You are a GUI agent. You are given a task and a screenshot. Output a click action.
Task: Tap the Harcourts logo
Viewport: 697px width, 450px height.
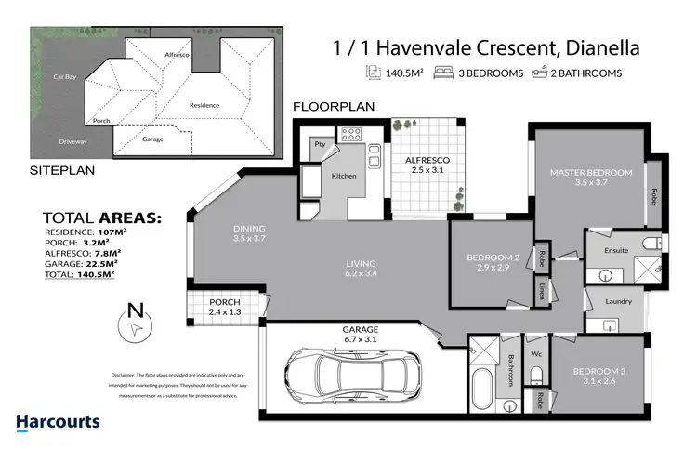coord(58,424)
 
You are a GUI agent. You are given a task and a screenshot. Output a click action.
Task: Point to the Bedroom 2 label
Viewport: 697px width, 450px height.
coord(493,262)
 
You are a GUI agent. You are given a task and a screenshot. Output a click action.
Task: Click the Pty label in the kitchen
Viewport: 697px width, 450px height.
coord(319,144)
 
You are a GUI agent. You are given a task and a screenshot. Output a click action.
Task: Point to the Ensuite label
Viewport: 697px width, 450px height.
coord(616,250)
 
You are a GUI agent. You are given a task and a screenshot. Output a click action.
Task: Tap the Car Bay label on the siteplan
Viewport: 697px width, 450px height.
coord(64,75)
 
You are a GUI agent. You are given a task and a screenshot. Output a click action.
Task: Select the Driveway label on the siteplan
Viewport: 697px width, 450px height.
coord(72,141)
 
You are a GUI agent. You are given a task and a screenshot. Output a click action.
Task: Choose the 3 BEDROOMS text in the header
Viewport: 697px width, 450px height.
coord(490,73)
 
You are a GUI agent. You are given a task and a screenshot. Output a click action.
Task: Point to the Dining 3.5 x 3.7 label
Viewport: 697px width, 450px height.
coord(249,233)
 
